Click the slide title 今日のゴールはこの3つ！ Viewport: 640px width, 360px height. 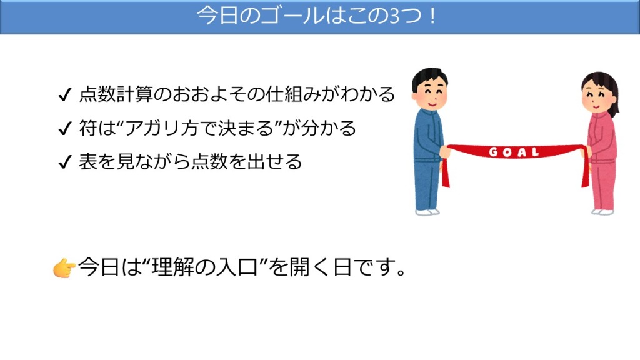(316, 16)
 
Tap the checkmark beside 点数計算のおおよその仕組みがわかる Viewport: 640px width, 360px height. (65, 95)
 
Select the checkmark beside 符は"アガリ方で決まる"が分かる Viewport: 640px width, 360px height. (65, 128)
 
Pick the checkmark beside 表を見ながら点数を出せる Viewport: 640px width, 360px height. (65, 162)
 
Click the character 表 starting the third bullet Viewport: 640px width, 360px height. (87, 162)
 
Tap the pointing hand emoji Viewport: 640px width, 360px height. (64, 268)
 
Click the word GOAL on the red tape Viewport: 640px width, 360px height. (514, 152)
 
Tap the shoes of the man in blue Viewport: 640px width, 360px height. (427, 212)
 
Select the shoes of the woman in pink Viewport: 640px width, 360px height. (602, 212)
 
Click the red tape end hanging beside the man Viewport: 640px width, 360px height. (445, 173)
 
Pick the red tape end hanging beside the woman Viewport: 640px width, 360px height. (585, 172)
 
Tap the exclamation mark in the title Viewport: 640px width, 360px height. (432, 16)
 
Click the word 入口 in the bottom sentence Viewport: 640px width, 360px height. (237, 267)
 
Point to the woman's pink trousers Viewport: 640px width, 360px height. (603, 185)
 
